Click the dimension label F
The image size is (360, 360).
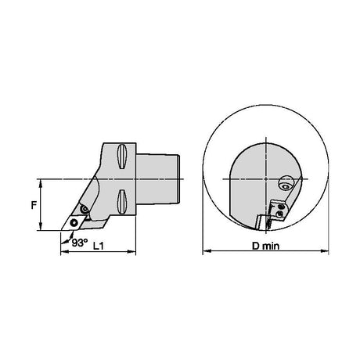point(34,205)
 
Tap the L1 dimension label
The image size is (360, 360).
point(99,246)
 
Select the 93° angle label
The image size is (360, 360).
point(79,243)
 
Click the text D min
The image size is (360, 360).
point(265,246)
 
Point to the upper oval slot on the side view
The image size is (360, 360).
point(122,157)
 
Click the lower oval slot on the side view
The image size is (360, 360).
point(122,203)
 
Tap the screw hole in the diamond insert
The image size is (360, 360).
point(74,222)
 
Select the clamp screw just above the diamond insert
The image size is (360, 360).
point(85,209)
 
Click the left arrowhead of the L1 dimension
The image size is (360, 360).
point(64,251)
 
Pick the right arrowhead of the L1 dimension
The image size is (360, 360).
point(132,251)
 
